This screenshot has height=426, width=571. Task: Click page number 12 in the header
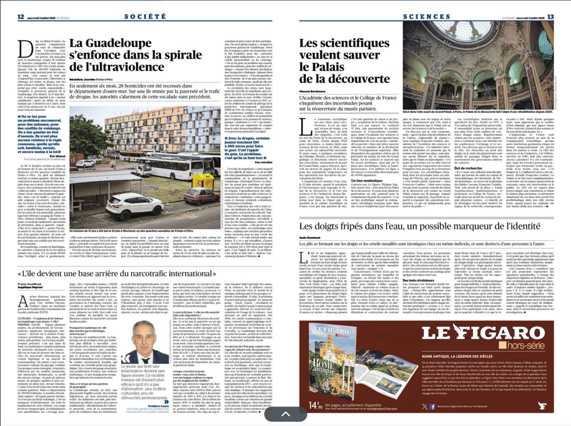pyautogui.click(x=21, y=17)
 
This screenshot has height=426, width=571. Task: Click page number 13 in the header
pyautogui.click(x=550, y=17)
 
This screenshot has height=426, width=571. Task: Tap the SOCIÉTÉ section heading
pyautogui.click(x=145, y=16)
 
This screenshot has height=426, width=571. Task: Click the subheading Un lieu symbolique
pyautogui.click(x=367, y=181)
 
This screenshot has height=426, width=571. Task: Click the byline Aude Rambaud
pyautogui.click(x=309, y=238)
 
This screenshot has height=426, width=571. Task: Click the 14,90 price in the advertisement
pyautogui.click(x=316, y=405)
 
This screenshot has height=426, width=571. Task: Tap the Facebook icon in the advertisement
pyautogui.click(x=432, y=406)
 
